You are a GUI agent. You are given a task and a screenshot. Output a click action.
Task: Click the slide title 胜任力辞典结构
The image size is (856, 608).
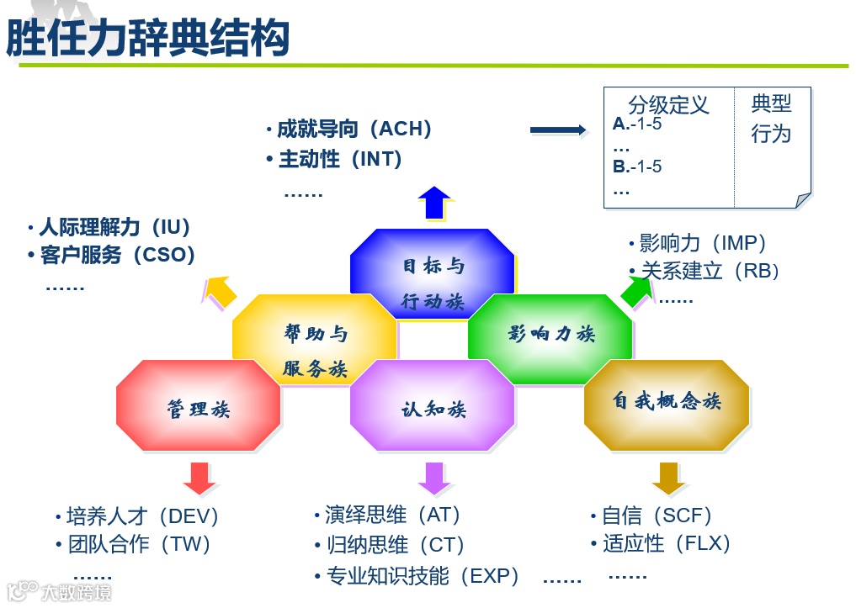148,38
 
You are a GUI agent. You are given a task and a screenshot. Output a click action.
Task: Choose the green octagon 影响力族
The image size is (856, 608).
550,334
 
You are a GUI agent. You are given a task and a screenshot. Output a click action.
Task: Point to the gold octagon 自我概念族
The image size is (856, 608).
667,402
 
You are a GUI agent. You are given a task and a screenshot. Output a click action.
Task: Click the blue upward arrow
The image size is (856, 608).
434,203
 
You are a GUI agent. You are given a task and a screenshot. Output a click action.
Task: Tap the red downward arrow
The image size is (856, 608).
200,478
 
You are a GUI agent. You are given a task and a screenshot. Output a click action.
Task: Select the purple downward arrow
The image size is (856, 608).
434,478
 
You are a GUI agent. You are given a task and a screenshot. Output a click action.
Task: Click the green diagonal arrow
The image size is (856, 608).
638,289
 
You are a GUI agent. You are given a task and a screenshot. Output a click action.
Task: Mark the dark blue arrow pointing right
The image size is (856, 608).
557,130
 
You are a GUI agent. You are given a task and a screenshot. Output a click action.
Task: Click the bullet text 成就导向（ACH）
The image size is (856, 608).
354,130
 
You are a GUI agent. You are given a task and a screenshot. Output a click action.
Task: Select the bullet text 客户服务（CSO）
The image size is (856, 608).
117,255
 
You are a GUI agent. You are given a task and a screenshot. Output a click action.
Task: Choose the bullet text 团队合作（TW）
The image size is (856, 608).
139,544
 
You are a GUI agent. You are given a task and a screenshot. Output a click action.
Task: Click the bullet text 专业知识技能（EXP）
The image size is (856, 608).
423,576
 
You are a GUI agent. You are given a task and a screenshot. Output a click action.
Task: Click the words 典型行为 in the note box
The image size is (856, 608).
771,119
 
